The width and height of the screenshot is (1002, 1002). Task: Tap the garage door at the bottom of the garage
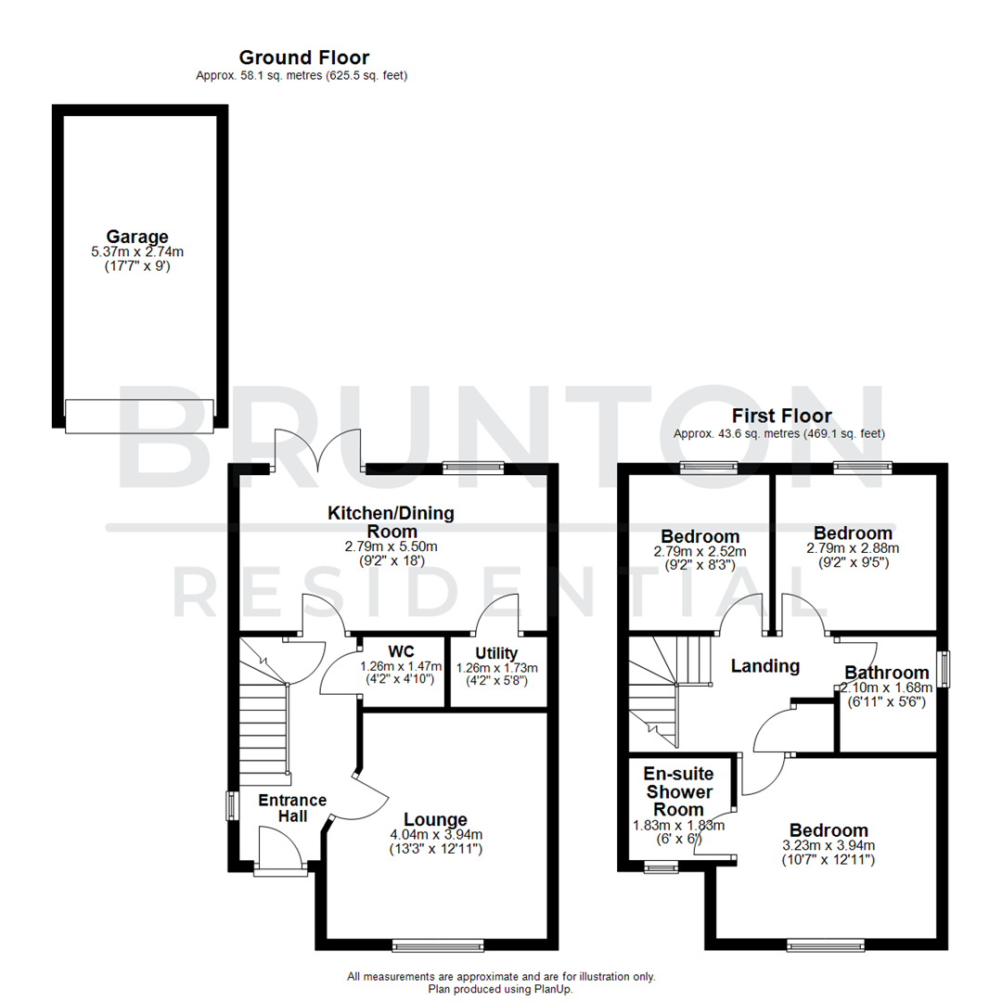coord(139,415)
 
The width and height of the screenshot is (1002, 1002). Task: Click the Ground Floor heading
coord(303,58)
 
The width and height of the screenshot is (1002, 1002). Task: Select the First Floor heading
coord(781,416)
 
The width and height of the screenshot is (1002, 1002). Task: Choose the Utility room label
coord(496,653)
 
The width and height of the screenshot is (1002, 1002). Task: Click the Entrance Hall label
coord(291,808)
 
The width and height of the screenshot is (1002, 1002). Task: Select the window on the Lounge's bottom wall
coord(438,945)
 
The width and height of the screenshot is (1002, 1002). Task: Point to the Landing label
coord(764,665)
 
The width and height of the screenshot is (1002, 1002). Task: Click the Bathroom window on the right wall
coord(944,669)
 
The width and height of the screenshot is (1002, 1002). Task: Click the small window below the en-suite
coord(661,868)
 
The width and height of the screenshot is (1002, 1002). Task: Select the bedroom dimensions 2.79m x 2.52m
coord(700,550)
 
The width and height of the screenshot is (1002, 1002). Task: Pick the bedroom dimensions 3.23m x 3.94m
coord(829,845)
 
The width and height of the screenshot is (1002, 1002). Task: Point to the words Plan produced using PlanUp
coord(501,989)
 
